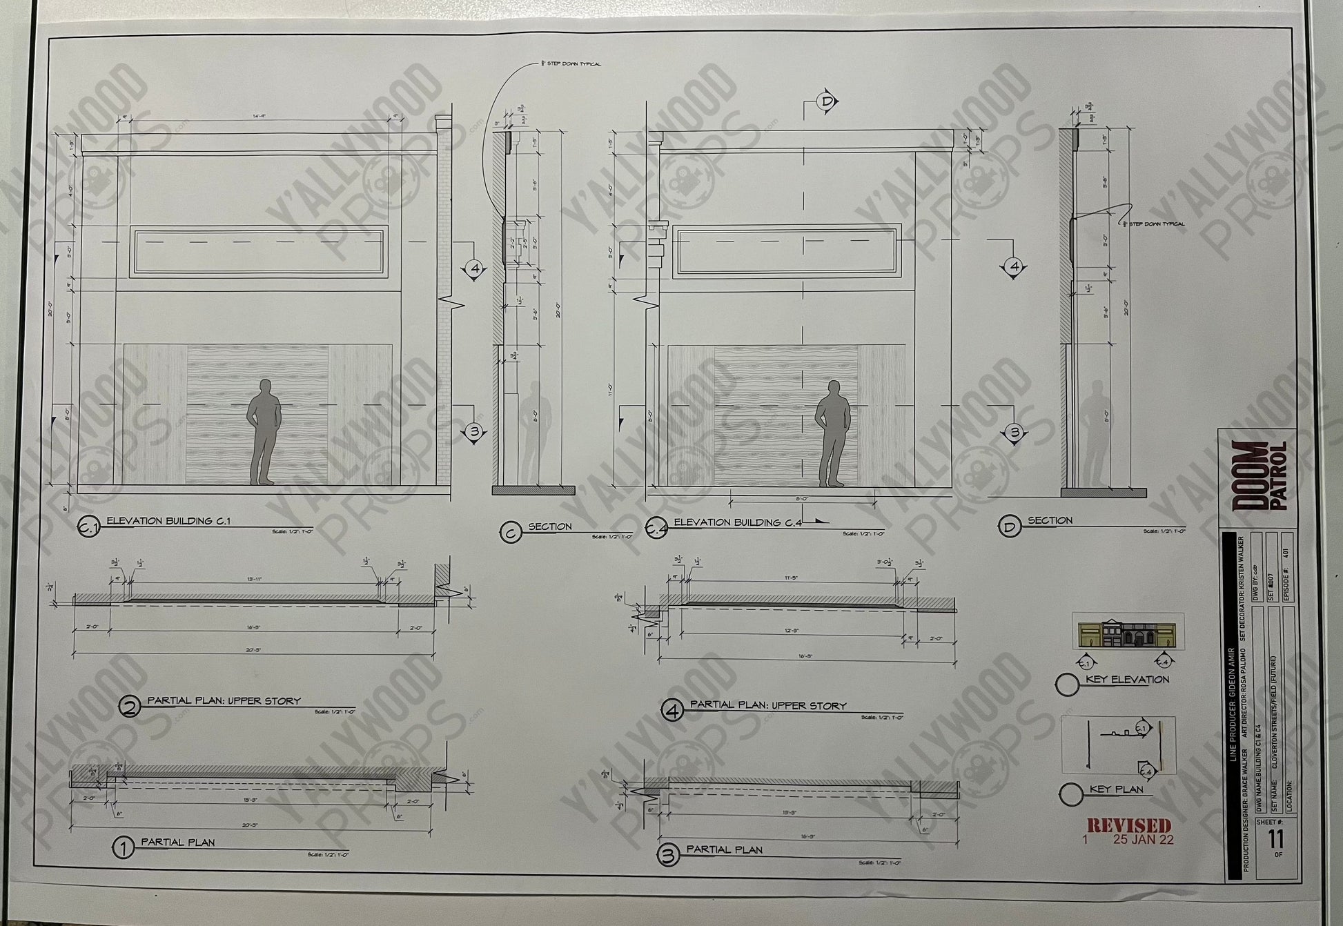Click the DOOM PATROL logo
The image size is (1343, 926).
click(1260, 475)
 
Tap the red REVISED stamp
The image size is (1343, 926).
click(1129, 825)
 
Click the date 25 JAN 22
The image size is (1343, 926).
click(1143, 840)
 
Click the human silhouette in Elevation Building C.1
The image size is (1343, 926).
click(264, 431)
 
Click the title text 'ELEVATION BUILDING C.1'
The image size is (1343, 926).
click(168, 521)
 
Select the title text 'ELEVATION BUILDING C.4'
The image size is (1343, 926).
click(737, 523)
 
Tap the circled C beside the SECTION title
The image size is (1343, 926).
click(511, 532)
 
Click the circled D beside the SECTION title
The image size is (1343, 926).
click(1009, 528)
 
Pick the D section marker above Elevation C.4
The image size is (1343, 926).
click(827, 102)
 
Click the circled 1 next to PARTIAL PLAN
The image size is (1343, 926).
click(124, 848)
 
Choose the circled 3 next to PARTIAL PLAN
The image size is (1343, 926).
click(667, 856)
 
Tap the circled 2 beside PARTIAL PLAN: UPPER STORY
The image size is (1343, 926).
click(129, 706)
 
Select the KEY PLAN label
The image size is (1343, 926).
click(1116, 789)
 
